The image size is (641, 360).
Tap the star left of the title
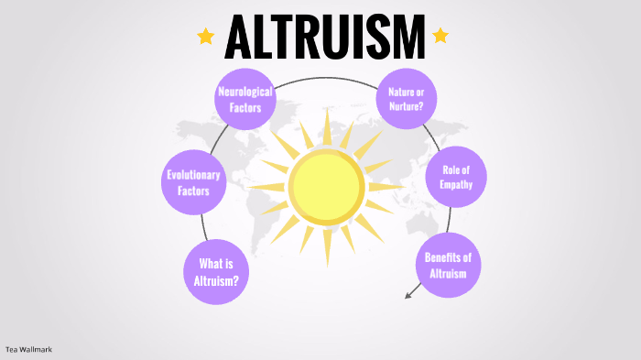(206, 37)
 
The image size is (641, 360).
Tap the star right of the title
(440, 36)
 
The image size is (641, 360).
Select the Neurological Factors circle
(245, 99)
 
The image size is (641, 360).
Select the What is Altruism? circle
(216, 272)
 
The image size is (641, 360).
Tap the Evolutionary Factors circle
(194, 183)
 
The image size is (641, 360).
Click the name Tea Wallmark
(27, 349)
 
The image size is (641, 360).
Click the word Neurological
(245, 92)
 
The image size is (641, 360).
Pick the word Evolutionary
(194, 175)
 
